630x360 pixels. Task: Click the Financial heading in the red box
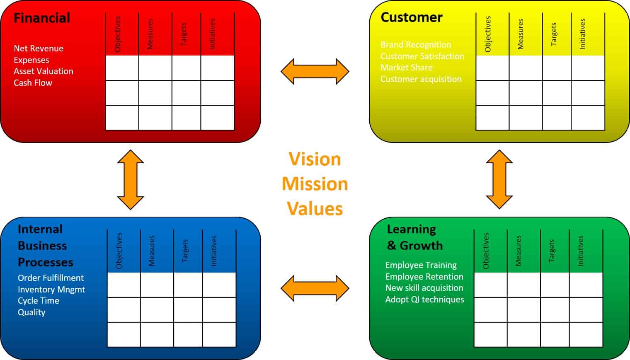click(x=42, y=18)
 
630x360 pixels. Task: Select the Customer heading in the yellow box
click(x=411, y=17)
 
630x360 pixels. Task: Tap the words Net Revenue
click(x=39, y=48)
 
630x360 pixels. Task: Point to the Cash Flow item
click(x=33, y=83)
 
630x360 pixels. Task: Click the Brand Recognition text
click(x=416, y=45)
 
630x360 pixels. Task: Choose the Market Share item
click(x=406, y=68)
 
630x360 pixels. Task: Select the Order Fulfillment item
click(x=51, y=278)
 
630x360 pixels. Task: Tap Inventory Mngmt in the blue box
click(x=51, y=290)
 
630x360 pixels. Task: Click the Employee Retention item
click(x=424, y=277)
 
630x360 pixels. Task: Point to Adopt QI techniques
click(x=424, y=300)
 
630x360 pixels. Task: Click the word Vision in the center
click(x=315, y=159)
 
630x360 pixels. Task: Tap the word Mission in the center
click(x=315, y=184)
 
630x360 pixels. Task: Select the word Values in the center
click(x=315, y=208)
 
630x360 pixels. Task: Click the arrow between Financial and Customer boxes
click(x=315, y=72)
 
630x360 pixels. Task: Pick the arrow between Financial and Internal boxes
click(x=131, y=179)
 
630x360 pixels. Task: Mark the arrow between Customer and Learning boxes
click(x=499, y=179)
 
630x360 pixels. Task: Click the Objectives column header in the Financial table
click(x=118, y=34)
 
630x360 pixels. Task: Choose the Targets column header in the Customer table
click(x=554, y=34)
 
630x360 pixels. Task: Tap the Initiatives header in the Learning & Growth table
click(x=581, y=251)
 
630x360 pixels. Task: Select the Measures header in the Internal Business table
click(x=152, y=251)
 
